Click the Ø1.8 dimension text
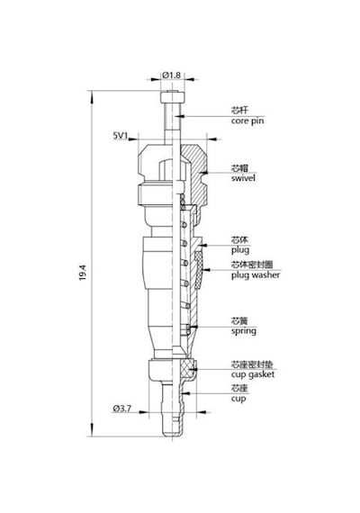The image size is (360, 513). click(x=171, y=76)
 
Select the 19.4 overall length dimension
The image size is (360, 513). click(x=83, y=272)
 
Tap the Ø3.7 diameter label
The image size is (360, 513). click(x=121, y=409)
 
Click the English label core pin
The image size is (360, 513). click(x=247, y=121)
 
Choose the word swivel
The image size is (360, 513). click(x=243, y=178)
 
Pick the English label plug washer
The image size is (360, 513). click(x=256, y=275)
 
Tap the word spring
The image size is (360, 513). click(x=244, y=331)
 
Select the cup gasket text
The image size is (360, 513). click(x=253, y=374)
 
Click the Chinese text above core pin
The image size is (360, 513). click(x=239, y=111)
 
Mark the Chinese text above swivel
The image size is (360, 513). click(x=239, y=168)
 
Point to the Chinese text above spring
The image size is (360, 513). click(x=239, y=321)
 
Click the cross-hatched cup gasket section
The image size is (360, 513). click(x=189, y=369)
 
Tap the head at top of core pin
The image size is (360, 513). click(x=173, y=97)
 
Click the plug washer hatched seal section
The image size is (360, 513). click(x=199, y=270)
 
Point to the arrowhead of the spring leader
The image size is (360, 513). click(x=193, y=327)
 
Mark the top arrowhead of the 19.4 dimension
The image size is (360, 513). click(x=92, y=95)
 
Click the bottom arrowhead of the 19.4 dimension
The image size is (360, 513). click(x=92, y=431)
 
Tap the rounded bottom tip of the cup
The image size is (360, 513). click(x=172, y=435)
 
